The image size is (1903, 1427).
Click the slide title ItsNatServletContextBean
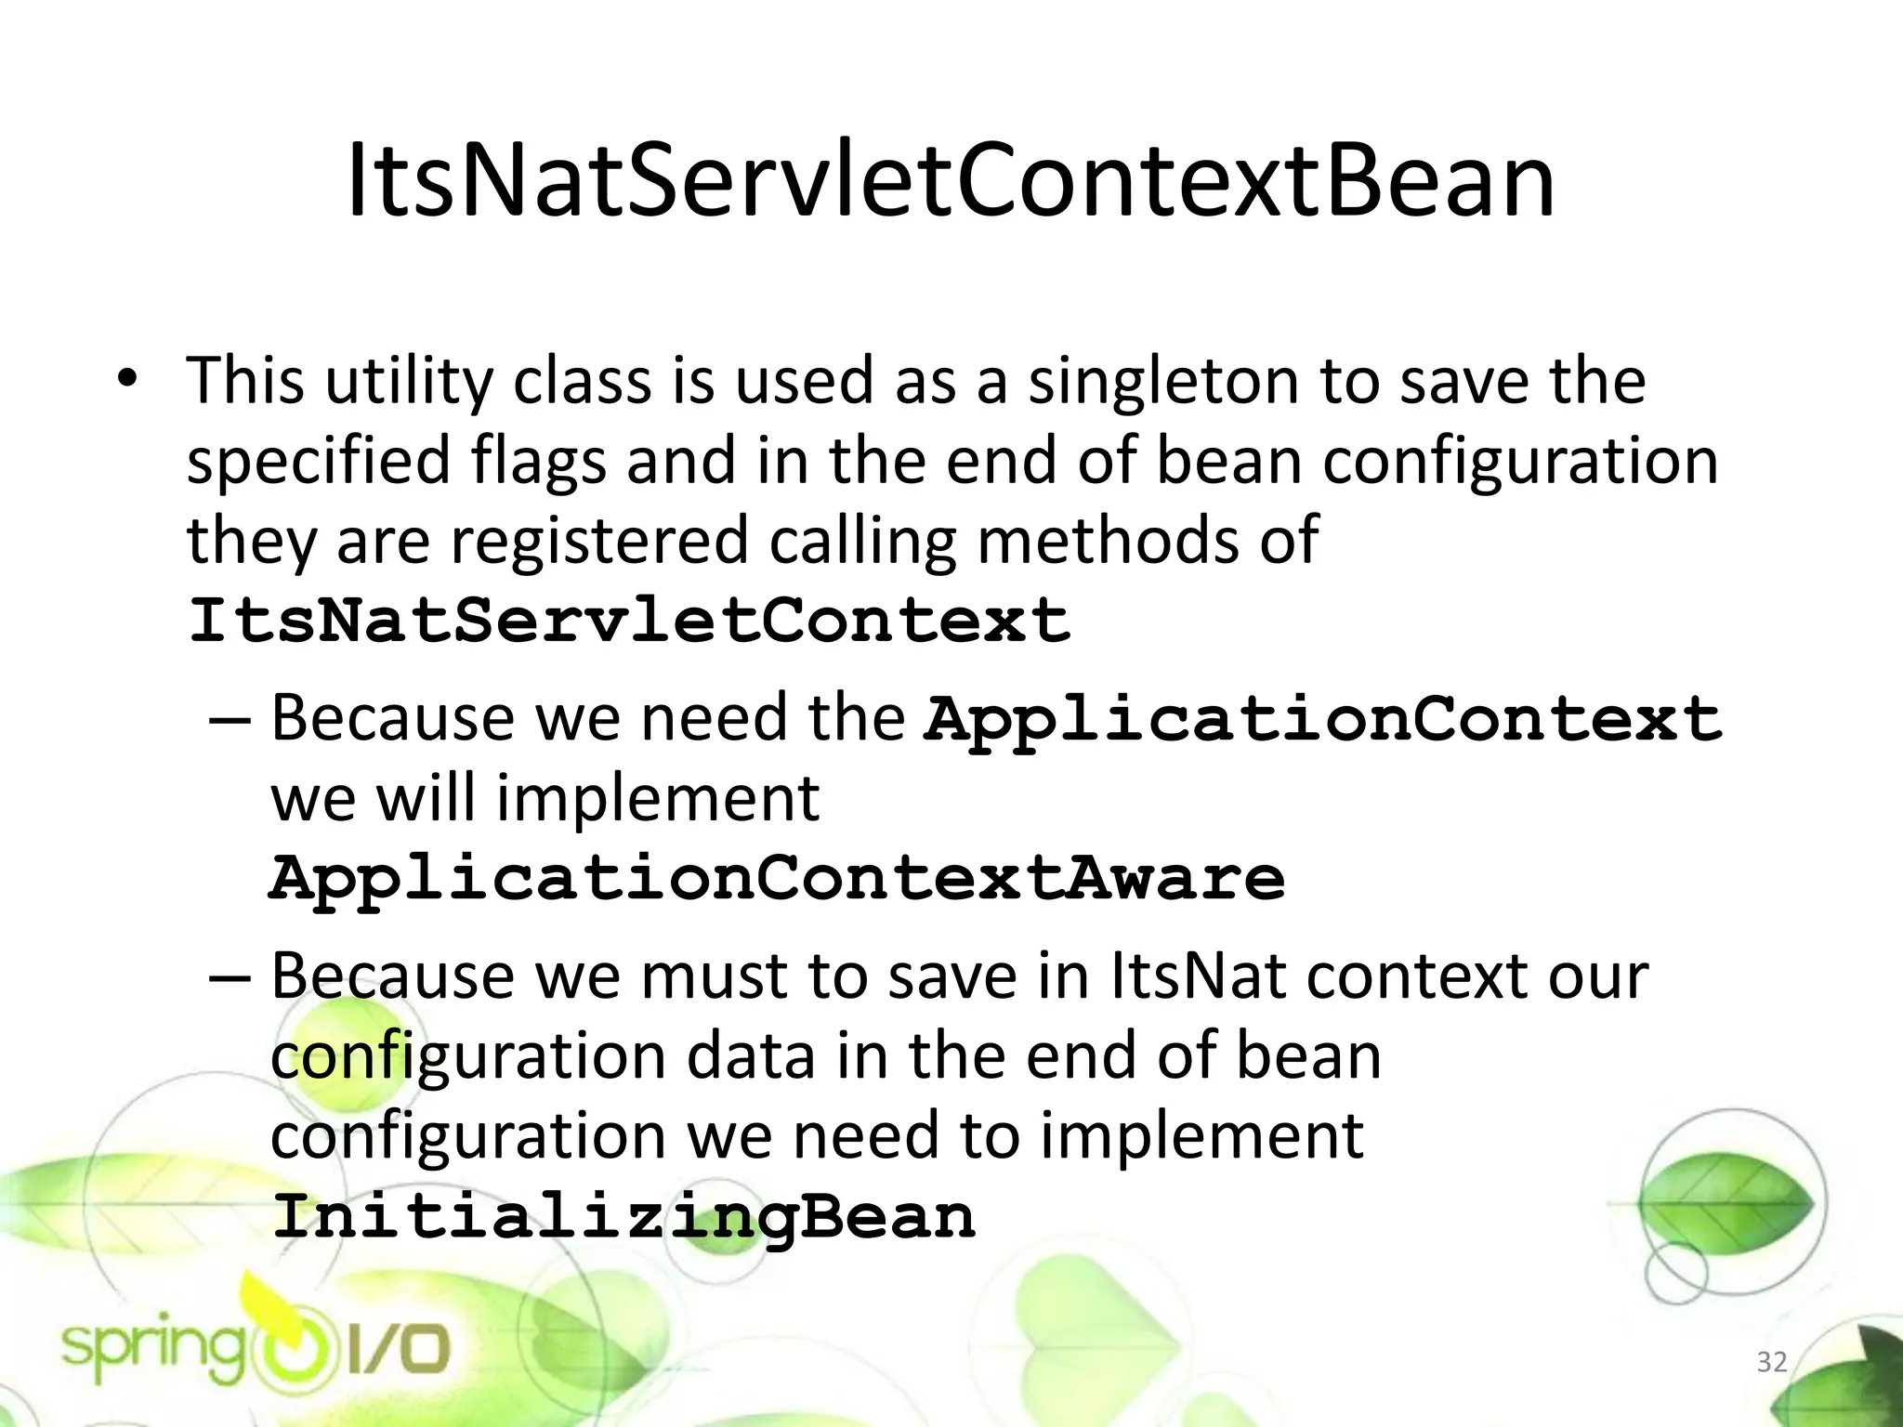coord(950,182)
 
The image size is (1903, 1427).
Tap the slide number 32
coord(1771,1362)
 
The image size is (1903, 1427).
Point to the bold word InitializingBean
coord(623,1216)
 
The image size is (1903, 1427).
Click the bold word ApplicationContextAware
coord(777,878)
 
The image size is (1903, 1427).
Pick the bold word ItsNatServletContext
coord(629,620)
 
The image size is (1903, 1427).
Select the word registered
coord(599,541)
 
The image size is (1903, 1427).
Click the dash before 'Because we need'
coord(230,719)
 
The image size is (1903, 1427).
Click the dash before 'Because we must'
coord(230,977)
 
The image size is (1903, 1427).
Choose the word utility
coord(409,383)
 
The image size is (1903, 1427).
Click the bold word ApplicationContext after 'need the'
coord(1322,719)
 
